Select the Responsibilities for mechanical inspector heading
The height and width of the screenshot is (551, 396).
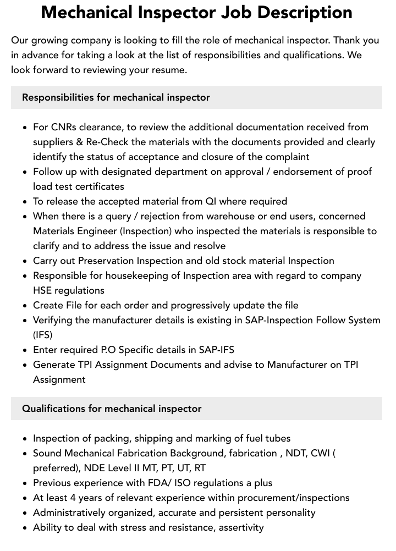[x=116, y=97]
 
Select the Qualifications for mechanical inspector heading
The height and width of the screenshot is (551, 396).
[x=112, y=409]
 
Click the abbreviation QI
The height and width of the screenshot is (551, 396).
[x=212, y=201]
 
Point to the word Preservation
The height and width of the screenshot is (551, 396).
[x=106, y=261]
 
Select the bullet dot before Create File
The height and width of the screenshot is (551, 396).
[x=25, y=306]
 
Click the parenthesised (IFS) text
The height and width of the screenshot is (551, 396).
[x=43, y=335]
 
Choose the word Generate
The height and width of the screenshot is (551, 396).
[x=54, y=365]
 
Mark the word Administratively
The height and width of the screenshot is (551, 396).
[x=71, y=513]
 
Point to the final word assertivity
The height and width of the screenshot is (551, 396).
[x=241, y=527]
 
